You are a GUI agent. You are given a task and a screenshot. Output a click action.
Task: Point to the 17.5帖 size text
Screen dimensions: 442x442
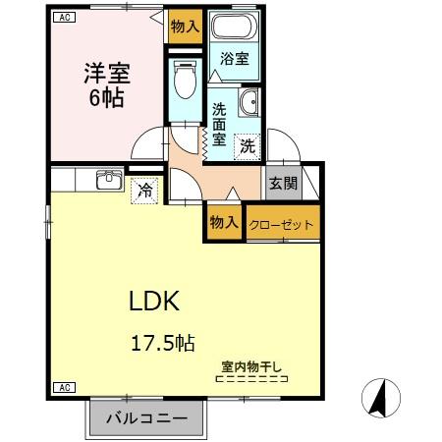coord(163,343)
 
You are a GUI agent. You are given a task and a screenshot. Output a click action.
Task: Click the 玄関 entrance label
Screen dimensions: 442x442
coord(279,182)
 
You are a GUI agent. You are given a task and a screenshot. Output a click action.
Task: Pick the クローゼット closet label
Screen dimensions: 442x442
coord(282,224)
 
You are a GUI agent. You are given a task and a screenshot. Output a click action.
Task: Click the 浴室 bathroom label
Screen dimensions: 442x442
coord(234,59)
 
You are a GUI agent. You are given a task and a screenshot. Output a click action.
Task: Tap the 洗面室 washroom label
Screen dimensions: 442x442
coord(219,126)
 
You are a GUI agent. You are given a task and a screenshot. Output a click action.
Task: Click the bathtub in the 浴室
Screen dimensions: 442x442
coord(235,29)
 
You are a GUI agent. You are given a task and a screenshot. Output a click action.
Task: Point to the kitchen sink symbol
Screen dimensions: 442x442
coord(107,179)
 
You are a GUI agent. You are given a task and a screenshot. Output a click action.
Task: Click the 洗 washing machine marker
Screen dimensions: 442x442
coord(249,145)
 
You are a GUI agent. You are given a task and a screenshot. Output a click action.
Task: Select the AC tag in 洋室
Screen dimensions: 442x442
coord(62,18)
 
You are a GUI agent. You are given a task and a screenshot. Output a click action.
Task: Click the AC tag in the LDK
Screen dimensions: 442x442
coord(60,387)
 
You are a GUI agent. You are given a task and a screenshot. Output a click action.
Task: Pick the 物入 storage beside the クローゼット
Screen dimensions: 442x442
coord(224,223)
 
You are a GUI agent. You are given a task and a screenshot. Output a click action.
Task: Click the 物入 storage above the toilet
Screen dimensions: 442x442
coord(183,26)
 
